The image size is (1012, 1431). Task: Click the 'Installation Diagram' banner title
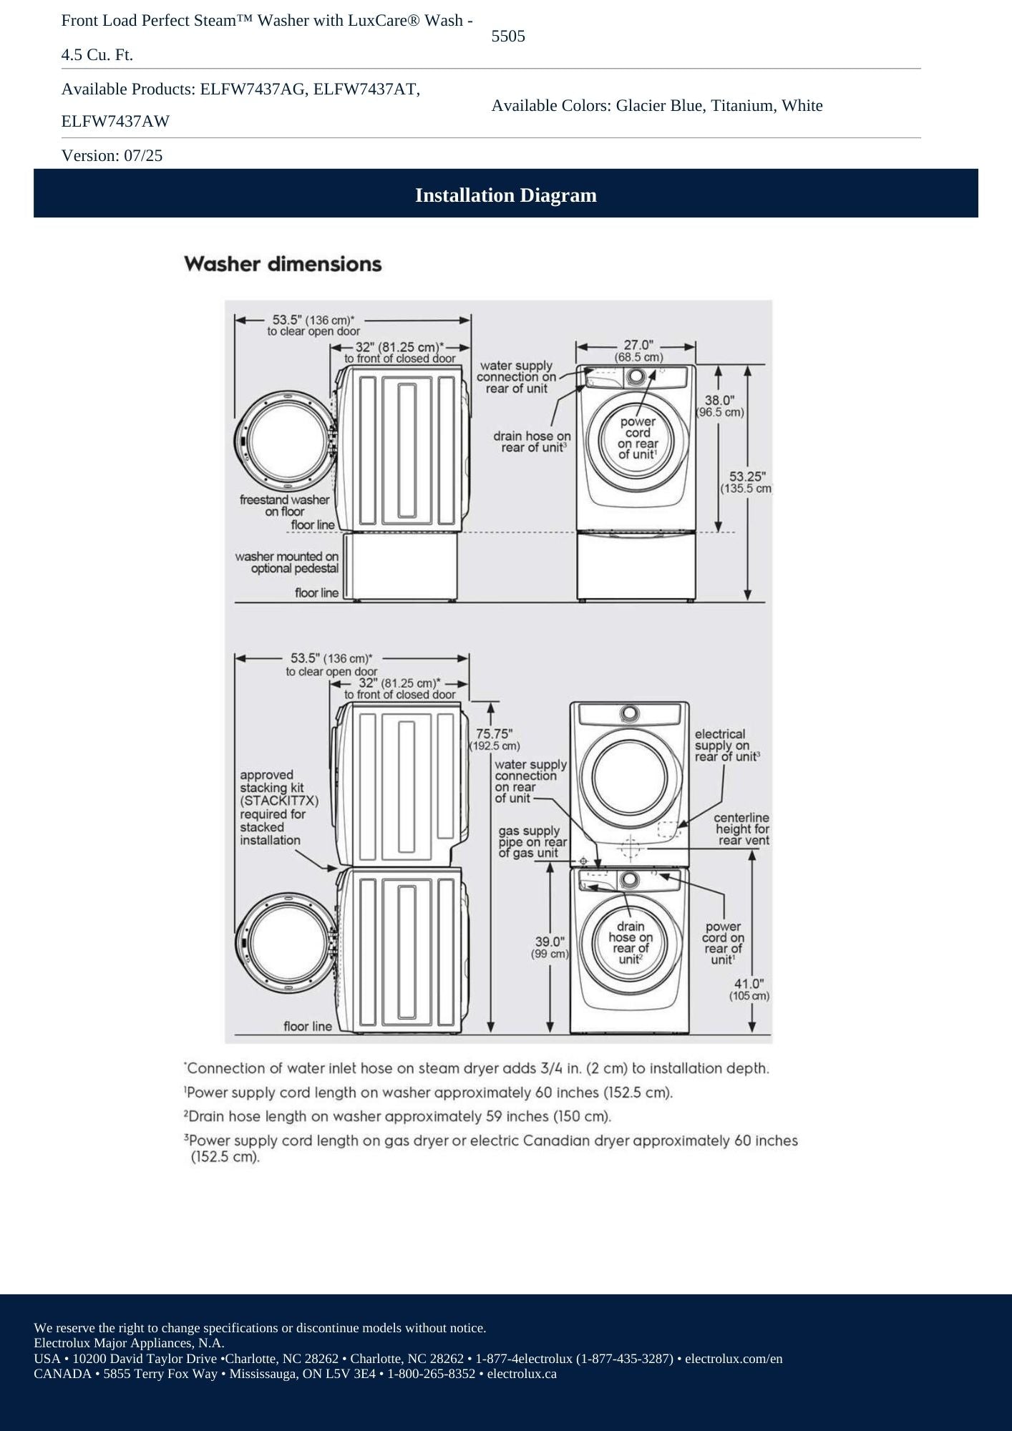pyautogui.click(x=505, y=195)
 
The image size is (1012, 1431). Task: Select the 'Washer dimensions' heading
pyautogui.click(x=283, y=264)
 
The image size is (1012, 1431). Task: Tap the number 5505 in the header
pyautogui.click(x=508, y=36)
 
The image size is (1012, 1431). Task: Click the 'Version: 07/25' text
pyautogui.click(x=112, y=155)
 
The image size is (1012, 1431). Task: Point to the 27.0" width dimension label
pyautogui.click(x=638, y=346)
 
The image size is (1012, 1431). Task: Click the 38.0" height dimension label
pyautogui.click(x=720, y=401)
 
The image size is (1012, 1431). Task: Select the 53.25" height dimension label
pyautogui.click(x=747, y=477)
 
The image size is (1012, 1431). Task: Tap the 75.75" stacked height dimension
pyautogui.click(x=494, y=733)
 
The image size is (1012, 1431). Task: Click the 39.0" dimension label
pyautogui.click(x=550, y=942)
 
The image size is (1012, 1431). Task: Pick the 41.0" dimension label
pyautogui.click(x=749, y=984)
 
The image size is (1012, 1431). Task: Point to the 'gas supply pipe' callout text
pyautogui.click(x=530, y=841)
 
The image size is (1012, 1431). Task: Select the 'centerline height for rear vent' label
pyautogui.click(x=741, y=829)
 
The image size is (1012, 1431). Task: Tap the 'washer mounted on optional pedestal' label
pyautogui.click(x=286, y=562)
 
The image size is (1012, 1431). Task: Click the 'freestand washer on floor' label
pyautogui.click(x=285, y=505)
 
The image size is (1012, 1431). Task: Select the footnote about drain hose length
pyautogui.click(x=397, y=1116)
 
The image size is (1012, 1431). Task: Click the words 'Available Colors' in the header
pyautogui.click(x=550, y=106)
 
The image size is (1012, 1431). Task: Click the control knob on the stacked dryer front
pyautogui.click(x=630, y=713)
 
